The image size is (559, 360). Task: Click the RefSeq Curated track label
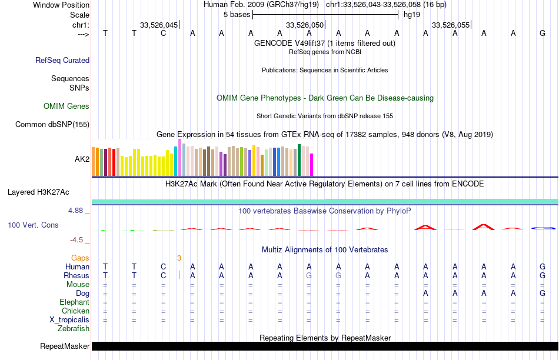62,60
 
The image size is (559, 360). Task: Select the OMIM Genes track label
66,106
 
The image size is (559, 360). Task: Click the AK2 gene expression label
82,159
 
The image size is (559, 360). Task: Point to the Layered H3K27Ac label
38,192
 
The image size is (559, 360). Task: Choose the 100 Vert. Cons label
33,225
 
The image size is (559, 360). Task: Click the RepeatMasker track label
64,346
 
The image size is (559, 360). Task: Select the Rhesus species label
76,275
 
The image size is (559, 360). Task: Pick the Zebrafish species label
74,329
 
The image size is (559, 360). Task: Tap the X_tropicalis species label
69,319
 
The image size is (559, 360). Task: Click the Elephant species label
75,302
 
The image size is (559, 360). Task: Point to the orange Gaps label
80,258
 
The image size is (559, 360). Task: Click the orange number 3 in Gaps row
179,258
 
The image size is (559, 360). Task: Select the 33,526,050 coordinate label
304,25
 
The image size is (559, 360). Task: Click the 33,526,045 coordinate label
158,25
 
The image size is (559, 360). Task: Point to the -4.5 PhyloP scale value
79,239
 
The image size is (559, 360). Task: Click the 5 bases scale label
237,15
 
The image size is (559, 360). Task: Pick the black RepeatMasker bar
324,346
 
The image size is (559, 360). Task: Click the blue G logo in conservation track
543,228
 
